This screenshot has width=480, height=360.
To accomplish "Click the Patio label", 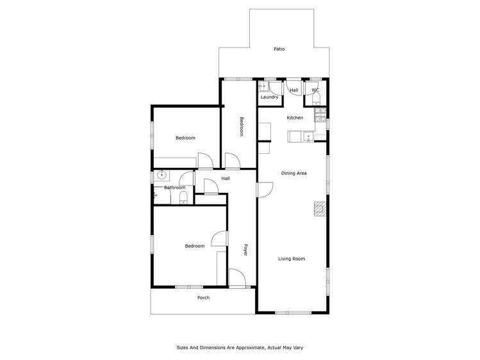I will tap(279, 49).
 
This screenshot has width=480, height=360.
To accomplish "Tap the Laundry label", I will tap(270, 97).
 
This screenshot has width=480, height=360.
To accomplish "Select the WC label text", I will tap(315, 90).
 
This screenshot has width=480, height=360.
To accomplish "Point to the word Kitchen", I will tap(295, 118).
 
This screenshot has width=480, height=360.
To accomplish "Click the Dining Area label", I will tap(294, 173).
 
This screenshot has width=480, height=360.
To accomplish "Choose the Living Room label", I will tap(291, 259).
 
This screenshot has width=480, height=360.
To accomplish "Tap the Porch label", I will tap(203, 297).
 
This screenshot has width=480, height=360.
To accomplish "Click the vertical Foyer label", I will tap(245, 250).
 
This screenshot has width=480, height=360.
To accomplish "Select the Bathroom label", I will tap(174, 188).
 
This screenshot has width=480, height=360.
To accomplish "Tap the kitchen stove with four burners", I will tap(320, 115).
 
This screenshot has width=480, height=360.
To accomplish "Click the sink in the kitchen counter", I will tap(308, 135).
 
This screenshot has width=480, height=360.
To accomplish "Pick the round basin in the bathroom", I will tap(162, 174).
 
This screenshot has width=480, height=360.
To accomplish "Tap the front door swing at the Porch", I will tap(236, 277).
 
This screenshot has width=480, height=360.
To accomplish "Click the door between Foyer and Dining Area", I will tap(265, 190).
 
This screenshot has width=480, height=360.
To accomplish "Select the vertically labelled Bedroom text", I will tap(242, 126).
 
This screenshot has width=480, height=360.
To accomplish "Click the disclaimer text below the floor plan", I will tap(240, 347).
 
